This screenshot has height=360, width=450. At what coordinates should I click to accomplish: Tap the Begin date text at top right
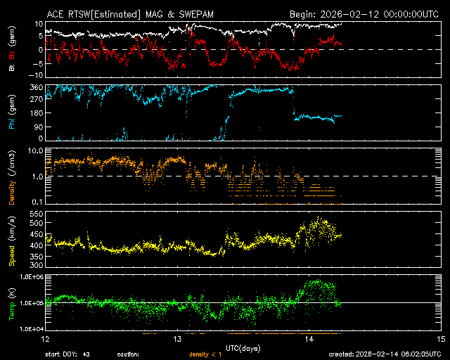(365, 13)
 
